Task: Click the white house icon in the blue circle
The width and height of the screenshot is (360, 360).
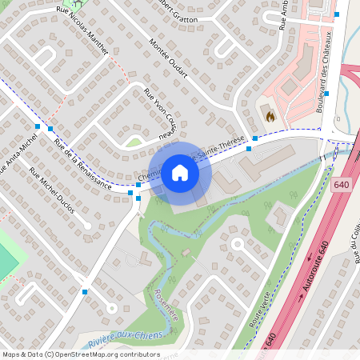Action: tap(180, 173)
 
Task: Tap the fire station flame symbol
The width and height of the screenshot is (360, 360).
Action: tap(270, 115)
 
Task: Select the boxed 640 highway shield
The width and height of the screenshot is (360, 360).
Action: tap(342, 185)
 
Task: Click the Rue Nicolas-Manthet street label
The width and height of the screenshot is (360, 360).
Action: tap(83, 29)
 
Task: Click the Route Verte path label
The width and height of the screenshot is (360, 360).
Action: tap(255, 309)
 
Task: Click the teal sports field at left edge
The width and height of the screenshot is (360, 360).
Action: tap(6, 256)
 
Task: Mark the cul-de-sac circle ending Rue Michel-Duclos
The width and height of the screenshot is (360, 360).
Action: tap(111, 307)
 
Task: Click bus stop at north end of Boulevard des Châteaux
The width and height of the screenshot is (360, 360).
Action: tap(337, 14)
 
